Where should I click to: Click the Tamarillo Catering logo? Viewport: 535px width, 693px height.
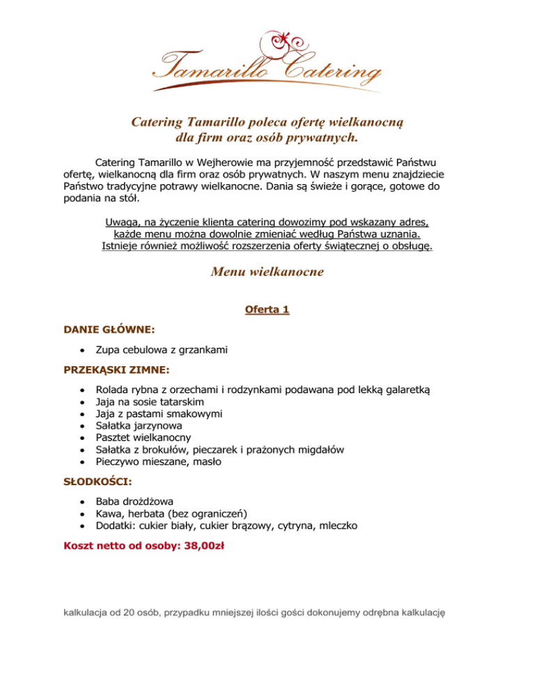267,61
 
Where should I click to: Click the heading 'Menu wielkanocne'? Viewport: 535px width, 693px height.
267,272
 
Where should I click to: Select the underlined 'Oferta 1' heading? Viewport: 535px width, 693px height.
267,309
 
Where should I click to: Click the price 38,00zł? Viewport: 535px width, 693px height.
203,547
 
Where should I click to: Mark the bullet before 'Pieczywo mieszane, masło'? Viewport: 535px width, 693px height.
83,461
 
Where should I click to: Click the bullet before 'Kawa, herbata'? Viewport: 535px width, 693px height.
83,513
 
